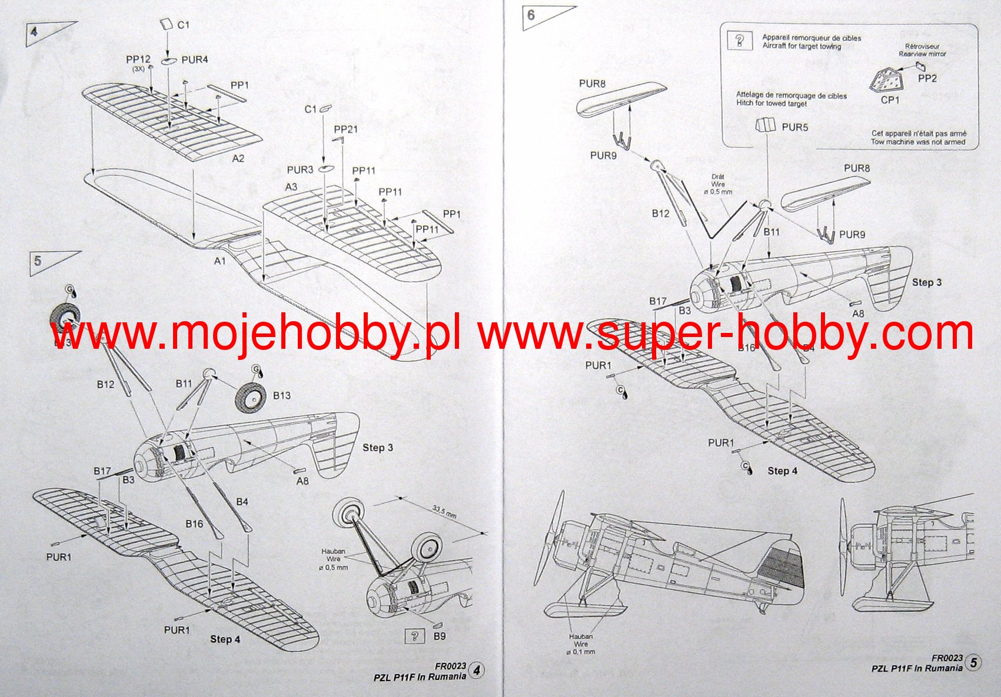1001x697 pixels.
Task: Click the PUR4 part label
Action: coord(195,60)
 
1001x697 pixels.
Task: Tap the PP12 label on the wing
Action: coord(138,59)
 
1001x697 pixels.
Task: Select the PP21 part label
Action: coord(345,129)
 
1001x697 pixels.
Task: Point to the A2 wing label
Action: coord(238,159)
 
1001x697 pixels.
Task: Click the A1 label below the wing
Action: coord(220,261)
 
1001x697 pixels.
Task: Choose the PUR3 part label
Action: coord(300,170)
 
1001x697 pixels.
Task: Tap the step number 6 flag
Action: coord(531,15)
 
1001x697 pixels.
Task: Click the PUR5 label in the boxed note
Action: coord(794,127)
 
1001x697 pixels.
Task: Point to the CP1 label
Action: coord(890,100)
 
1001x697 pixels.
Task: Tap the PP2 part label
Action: coord(927,78)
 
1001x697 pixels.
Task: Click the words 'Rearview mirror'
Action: coord(922,54)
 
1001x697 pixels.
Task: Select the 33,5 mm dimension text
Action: coord(444,511)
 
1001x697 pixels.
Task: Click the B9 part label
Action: coord(439,636)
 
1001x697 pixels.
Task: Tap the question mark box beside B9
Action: coord(415,636)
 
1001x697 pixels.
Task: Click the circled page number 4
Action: coord(477,671)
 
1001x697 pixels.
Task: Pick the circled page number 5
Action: coord(973,663)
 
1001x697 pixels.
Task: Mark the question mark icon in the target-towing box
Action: coord(740,41)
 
